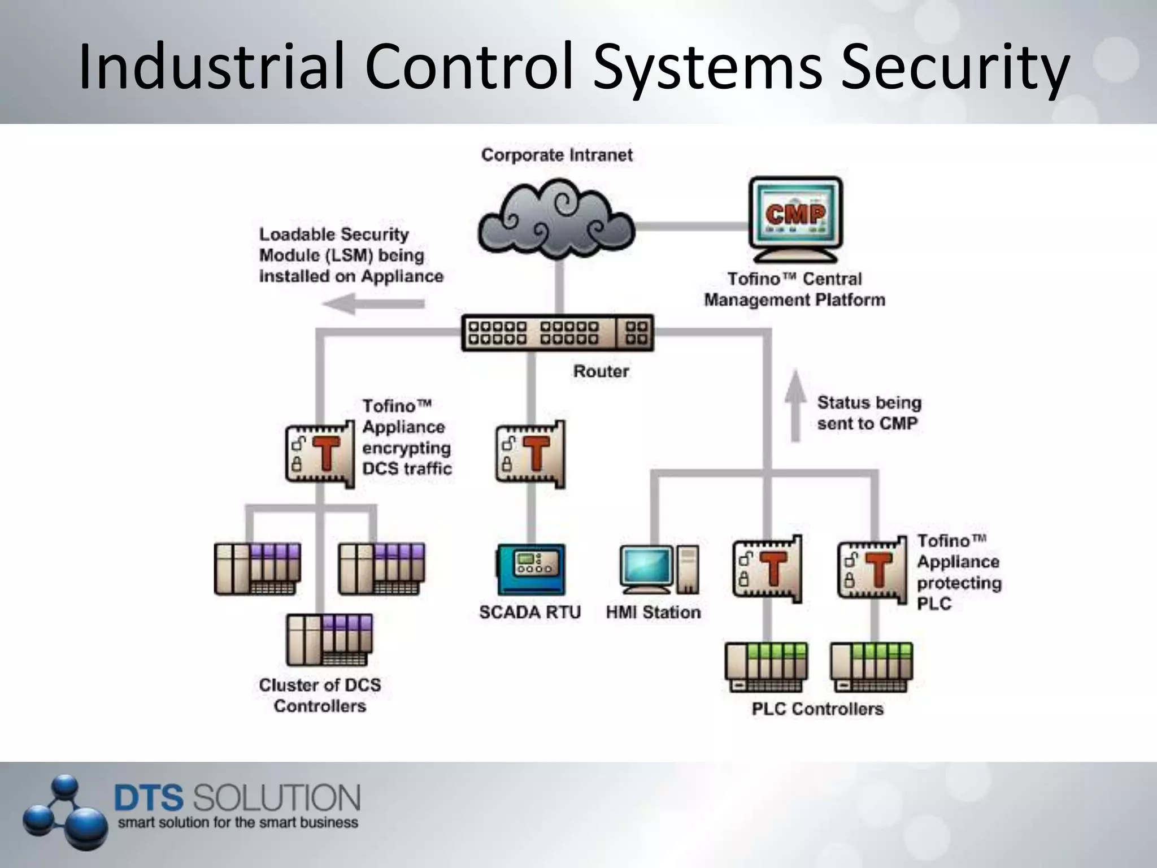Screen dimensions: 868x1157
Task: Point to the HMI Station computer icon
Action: [659, 569]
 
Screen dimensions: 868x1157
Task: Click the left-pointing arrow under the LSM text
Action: [373, 303]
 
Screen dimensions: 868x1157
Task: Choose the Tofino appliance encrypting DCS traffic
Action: [320, 454]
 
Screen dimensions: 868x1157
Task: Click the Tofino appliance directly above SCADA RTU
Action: [530, 454]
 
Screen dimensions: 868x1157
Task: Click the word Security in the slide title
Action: [955, 67]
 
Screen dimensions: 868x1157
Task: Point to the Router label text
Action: [601, 371]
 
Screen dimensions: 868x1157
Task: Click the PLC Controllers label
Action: [817, 709]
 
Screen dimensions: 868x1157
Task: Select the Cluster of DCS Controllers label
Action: [320, 695]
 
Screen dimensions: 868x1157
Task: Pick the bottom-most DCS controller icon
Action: [329, 640]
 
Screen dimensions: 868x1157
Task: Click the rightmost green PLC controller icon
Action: [871, 667]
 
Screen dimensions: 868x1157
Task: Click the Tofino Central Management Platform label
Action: [794, 289]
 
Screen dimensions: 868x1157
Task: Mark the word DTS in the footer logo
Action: [149, 798]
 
